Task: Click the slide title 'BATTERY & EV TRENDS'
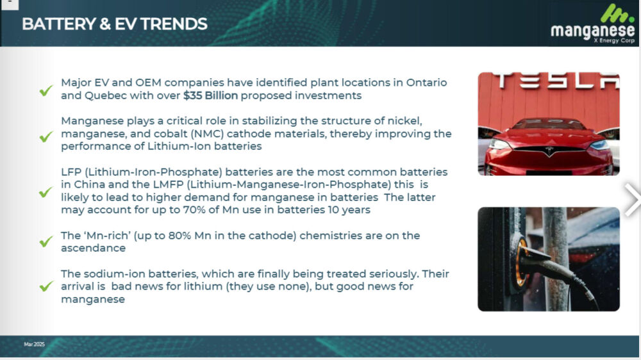click(115, 24)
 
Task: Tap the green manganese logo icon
click(617, 13)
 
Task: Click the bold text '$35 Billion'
click(210, 95)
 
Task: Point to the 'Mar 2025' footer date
click(35, 344)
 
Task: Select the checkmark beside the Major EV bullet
click(46, 90)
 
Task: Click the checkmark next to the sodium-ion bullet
click(46, 286)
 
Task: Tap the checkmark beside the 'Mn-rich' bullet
click(46, 241)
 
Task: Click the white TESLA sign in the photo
click(556, 80)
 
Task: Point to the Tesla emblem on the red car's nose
click(549, 151)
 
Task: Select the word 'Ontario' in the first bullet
click(426, 83)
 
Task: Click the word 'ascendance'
click(93, 249)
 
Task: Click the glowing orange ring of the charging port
click(520, 262)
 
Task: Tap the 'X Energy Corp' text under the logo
click(615, 40)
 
